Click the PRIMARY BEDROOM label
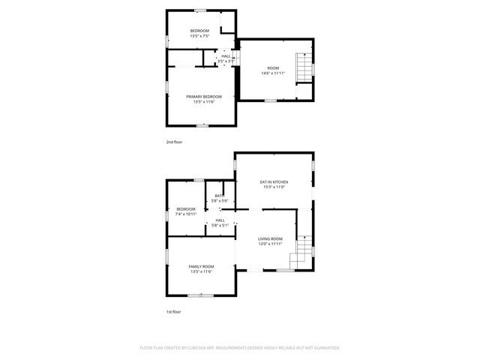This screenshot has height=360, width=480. pos(204,96)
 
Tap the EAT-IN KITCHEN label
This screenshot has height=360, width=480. pos(274,182)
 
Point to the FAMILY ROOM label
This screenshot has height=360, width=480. pos(201,266)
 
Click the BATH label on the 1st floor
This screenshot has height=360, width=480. pos(219,196)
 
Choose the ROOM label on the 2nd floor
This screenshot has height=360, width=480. pos(273,68)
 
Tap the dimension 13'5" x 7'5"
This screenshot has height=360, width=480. pos(199,35)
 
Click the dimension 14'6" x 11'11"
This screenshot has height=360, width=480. pos(273,73)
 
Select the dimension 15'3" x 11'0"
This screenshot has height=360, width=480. pos(274,187)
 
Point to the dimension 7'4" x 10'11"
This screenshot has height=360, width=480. pos(186,214)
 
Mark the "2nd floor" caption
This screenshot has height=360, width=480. pos(174,141)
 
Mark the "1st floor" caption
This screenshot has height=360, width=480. pos(174,311)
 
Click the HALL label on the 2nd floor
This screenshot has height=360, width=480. pos(226,55)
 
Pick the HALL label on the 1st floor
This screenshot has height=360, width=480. pos(220,220)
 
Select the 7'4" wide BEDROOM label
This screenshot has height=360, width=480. pos(186,208)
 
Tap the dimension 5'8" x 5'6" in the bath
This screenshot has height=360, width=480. pos(219,201)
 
